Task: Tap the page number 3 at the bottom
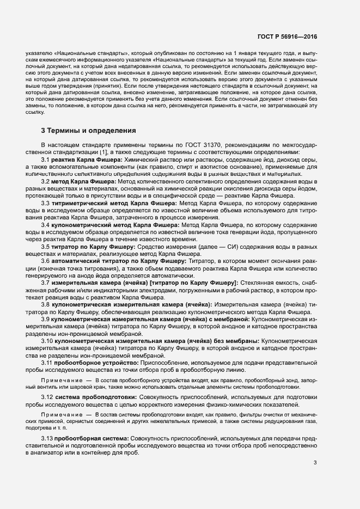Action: coord(315,463)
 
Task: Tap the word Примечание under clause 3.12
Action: coord(60,415)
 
